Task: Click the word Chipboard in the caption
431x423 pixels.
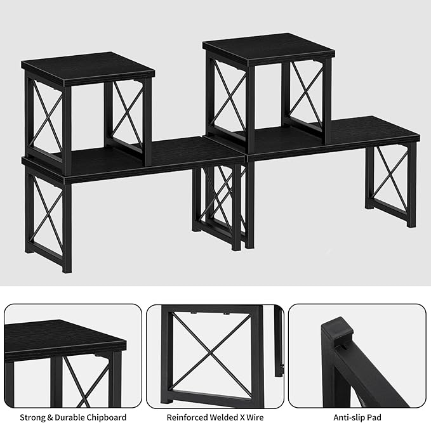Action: tap(105, 417)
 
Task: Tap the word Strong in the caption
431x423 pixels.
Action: tap(33, 417)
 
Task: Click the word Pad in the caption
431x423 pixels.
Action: tap(375, 417)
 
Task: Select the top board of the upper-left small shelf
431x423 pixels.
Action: tap(88, 68)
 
